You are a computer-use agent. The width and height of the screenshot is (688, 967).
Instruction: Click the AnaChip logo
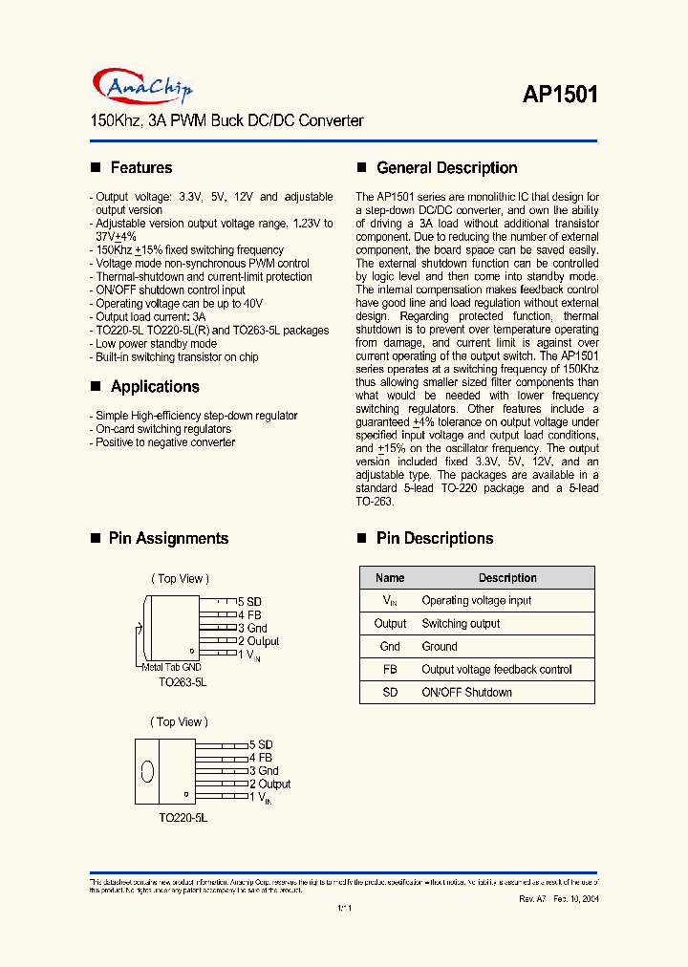point(143,88)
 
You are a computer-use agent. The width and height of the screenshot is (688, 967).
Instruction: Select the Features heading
point(141,168)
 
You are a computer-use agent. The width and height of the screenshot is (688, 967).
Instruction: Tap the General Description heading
point(446,168)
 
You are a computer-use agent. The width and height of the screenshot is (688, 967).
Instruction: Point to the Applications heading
point(155,387)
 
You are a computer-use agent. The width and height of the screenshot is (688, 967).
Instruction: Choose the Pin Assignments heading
point(168,539)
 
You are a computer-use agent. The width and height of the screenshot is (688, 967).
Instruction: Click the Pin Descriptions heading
point(435,539)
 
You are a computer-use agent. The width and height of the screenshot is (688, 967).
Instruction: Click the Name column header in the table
point(390,578)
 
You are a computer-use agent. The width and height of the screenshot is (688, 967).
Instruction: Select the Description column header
point(507,578)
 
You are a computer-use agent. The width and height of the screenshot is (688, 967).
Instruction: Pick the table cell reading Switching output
point(461,624)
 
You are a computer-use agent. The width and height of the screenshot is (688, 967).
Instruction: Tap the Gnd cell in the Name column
point(390,647)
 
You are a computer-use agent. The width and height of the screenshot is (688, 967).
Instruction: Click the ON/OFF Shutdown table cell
point(466,693)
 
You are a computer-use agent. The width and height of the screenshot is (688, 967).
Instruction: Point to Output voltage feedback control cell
point(496,670)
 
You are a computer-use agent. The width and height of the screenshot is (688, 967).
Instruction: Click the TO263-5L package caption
point(183,683)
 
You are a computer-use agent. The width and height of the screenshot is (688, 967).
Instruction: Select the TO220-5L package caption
point(183,819)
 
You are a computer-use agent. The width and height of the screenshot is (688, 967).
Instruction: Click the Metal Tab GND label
point(171,667)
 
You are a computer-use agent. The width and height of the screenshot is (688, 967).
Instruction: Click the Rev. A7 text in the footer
point(533,900)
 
